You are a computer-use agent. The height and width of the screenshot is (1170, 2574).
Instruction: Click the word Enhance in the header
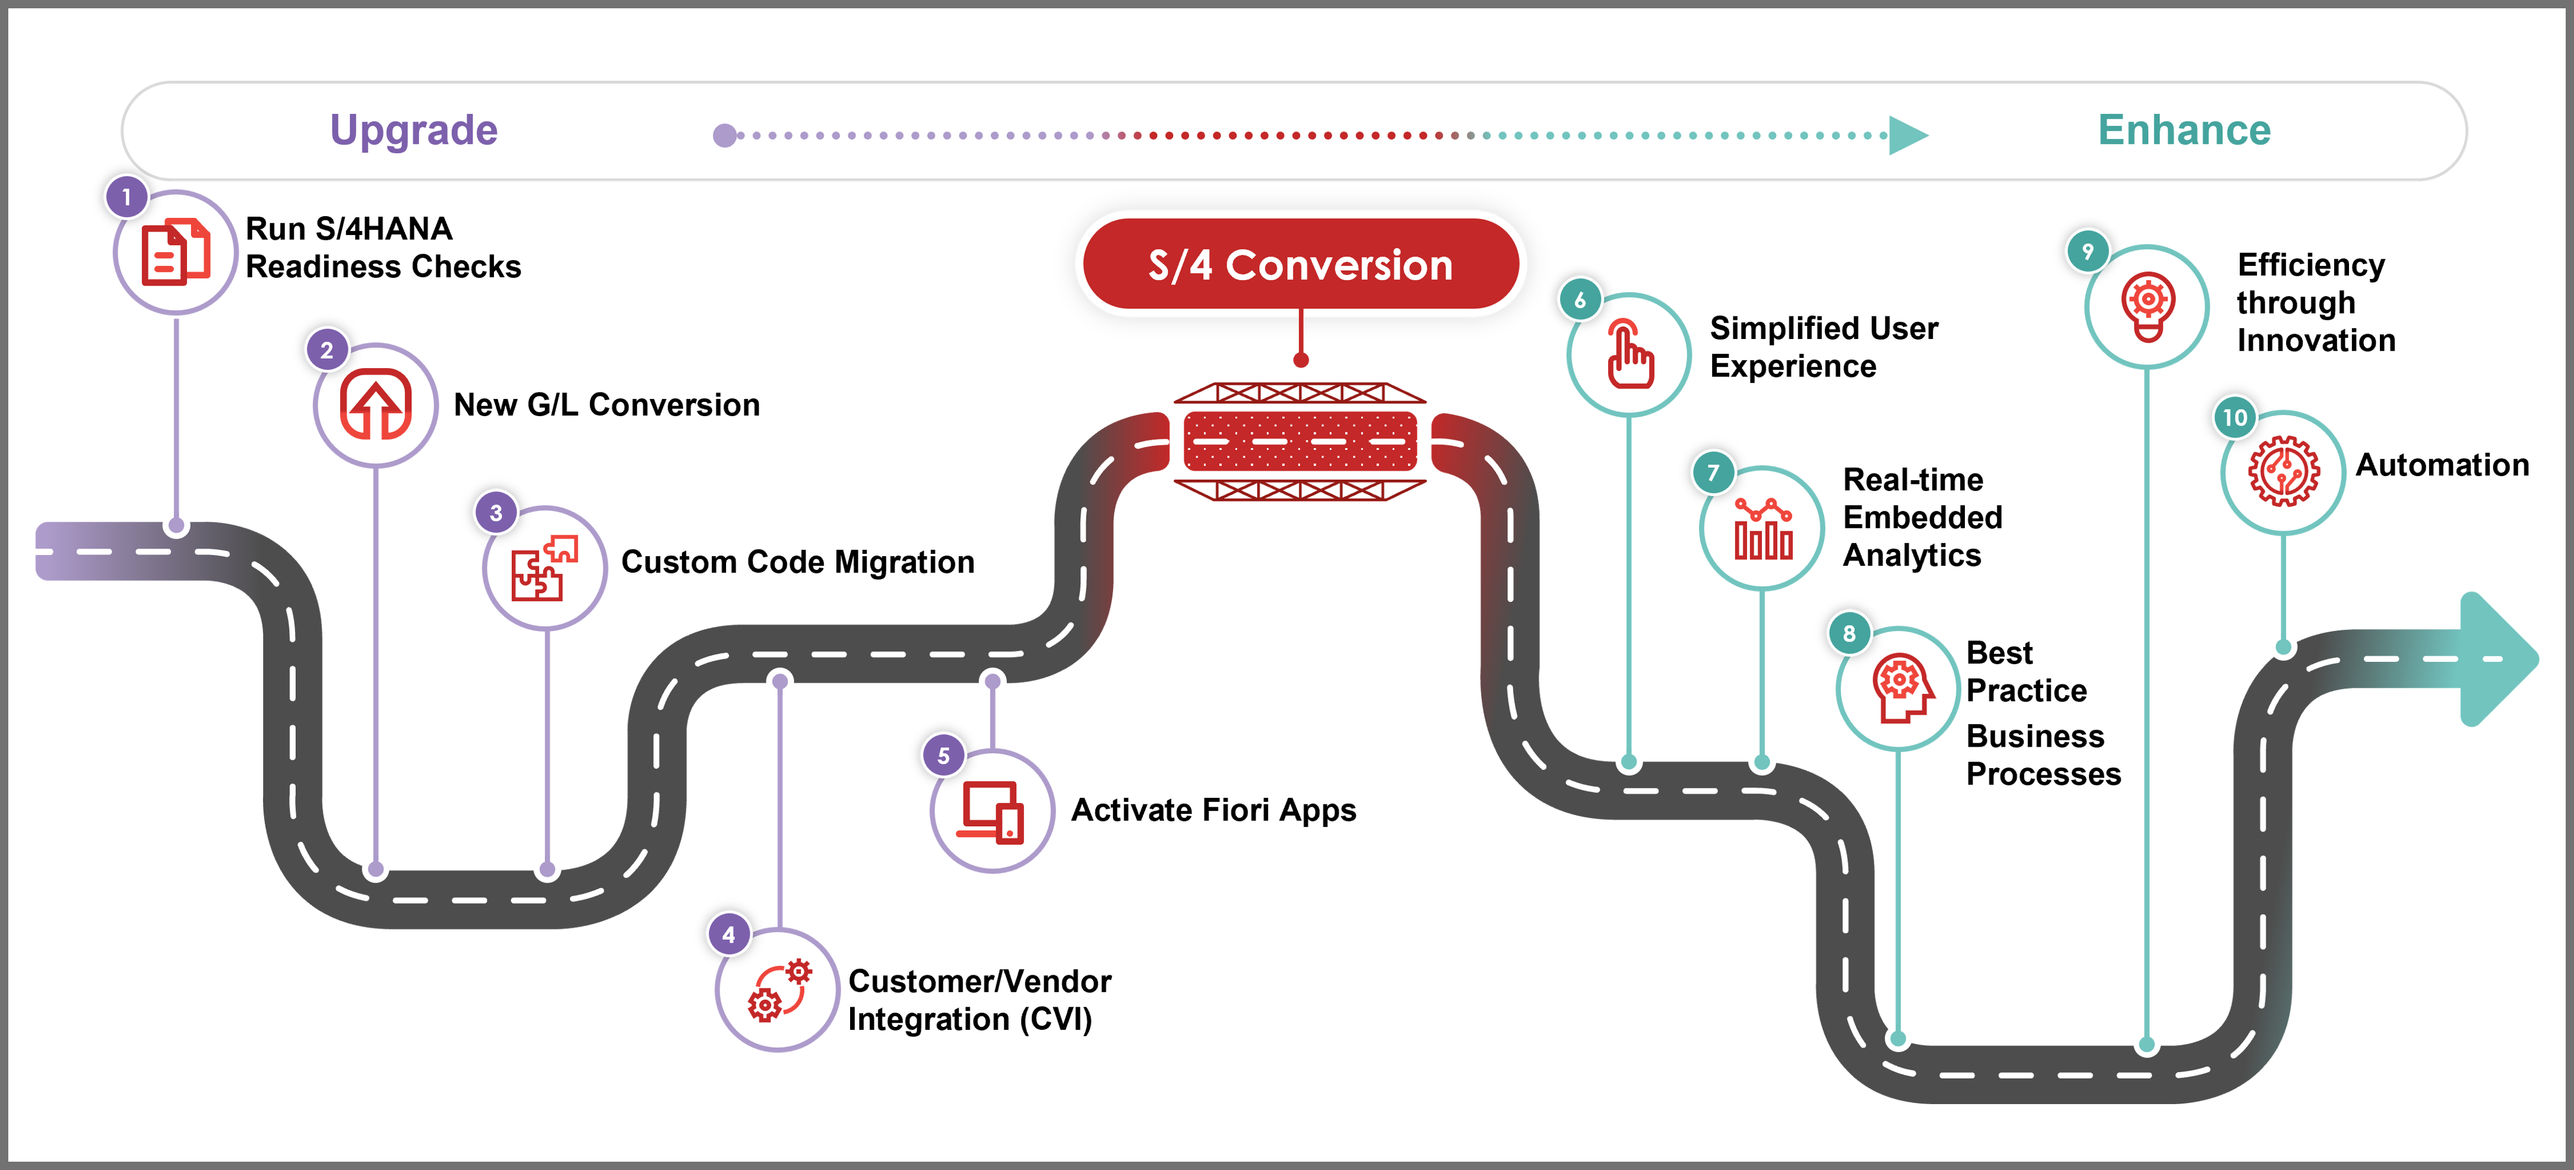[2185, 130]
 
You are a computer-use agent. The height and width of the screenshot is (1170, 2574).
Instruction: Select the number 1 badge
[127, 197]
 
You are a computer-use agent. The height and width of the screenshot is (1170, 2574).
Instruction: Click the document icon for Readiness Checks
[176, 253]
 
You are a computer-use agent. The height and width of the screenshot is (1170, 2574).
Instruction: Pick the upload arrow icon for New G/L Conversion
[376, 405]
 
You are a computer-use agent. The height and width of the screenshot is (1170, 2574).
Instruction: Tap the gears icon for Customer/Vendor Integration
[779, 990]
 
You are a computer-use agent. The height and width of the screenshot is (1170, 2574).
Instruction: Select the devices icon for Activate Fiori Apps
[992, 811]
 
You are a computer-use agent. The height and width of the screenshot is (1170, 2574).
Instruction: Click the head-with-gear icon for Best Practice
[1901, 687]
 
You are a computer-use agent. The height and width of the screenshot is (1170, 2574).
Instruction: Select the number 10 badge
[2235, 418]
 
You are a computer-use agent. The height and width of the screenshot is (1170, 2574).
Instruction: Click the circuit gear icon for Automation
[2284, 471]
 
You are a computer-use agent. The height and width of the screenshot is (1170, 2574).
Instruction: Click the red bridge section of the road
[1300, 440]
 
